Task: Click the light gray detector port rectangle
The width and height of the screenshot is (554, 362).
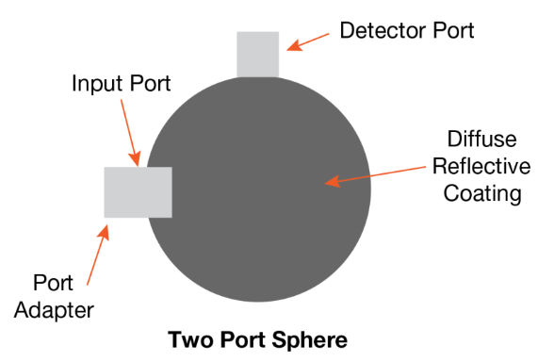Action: click(x=257, y=53)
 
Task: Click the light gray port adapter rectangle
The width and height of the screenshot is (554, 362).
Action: click(x=138, y=192)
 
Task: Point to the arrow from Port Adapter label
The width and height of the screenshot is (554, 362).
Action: click(x=95, y=250)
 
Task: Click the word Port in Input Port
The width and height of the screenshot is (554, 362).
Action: click(x=147, y=84)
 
